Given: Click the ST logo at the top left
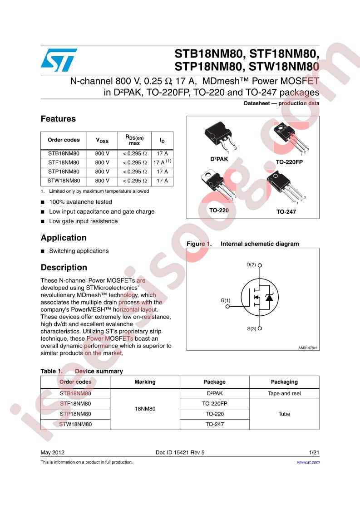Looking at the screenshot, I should click(x=59, y=60).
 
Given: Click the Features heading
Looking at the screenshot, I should click(x=58, y=119).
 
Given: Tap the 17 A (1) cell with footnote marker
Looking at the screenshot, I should click(x=162, y=162).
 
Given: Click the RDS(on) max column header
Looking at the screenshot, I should click(x=134, y=140).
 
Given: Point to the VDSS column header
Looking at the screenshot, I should click(x=102, y=140).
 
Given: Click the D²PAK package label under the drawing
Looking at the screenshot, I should click(x=219, y=159).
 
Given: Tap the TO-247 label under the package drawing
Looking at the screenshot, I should click(x=286, y=211).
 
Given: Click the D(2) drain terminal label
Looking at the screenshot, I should click(x=252, y=264).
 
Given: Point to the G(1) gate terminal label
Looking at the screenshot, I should click(x=225, y=300).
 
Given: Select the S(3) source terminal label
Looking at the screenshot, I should click(x=252, y=328).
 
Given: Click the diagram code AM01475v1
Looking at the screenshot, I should click(x=307, y=347).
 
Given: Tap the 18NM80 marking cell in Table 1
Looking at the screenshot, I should click(x=145, y=409).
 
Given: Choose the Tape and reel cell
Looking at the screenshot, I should click(x=284, y=393).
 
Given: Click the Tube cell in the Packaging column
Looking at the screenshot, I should click(x=284, y=414).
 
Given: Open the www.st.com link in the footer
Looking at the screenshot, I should click(x=308, y=462).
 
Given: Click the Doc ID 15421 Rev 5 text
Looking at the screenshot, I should click(x=180, y=452).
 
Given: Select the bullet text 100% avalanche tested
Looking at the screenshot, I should click(x=80, y=202).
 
